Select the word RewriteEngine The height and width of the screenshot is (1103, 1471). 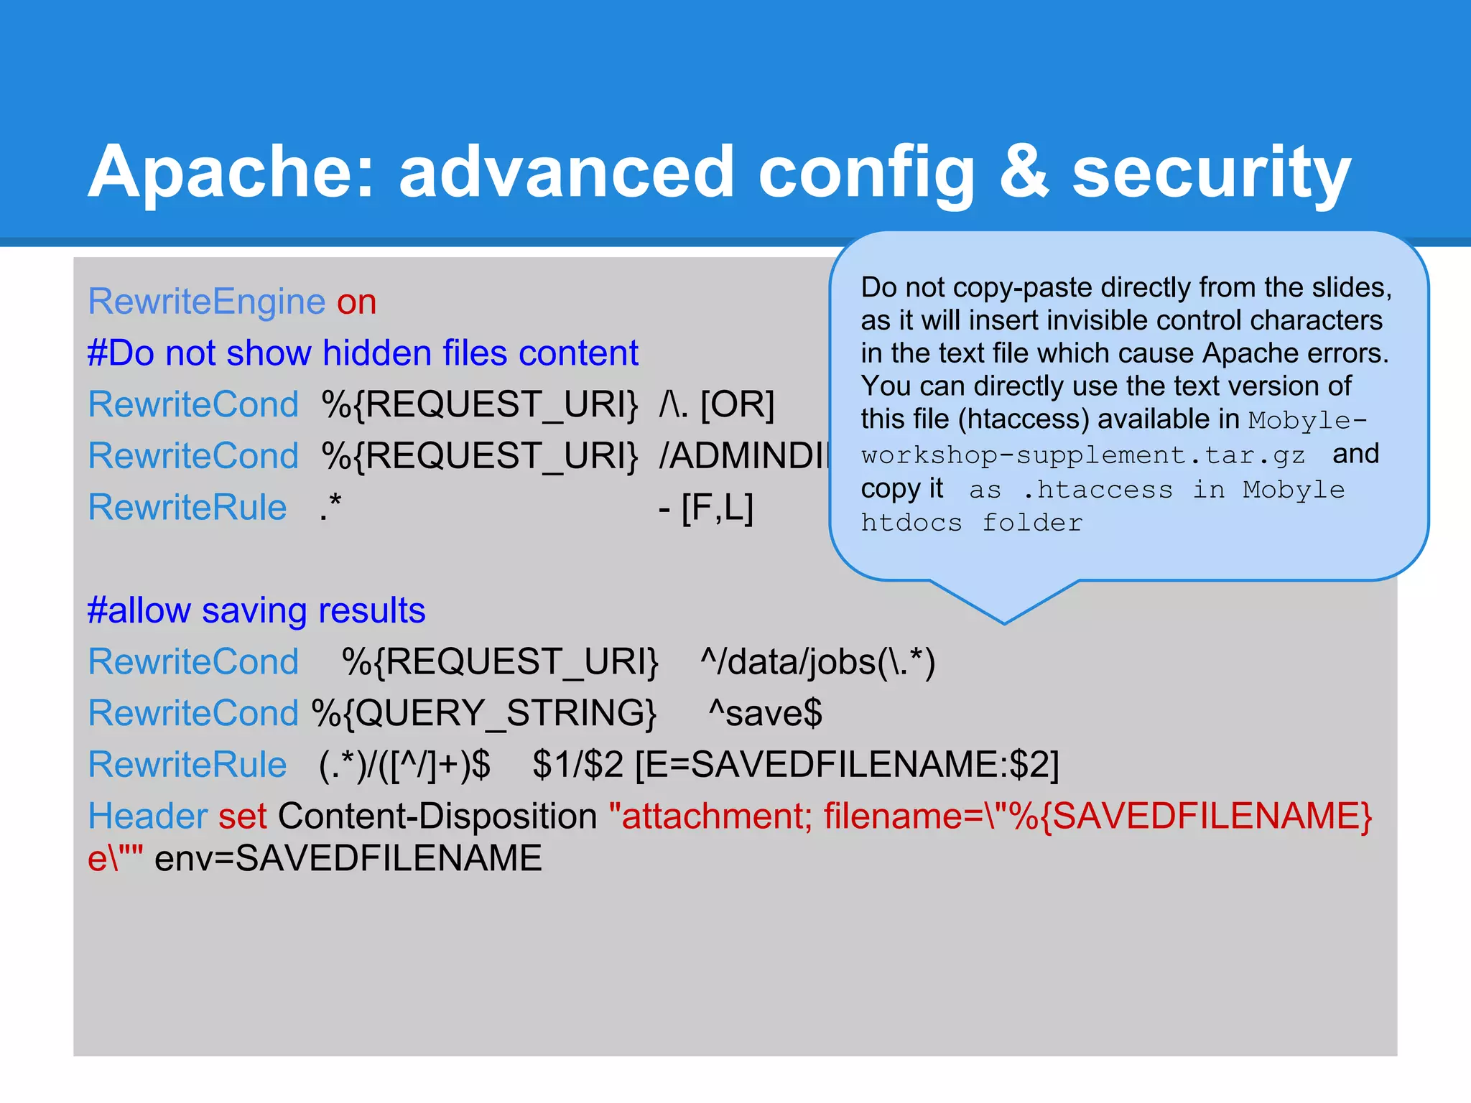[207, 302]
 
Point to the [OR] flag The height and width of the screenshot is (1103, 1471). [737, 404]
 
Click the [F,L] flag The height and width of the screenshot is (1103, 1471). [716, 508]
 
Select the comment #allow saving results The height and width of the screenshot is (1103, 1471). [256, 611]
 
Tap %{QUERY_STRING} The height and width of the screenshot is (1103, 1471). [483, 714]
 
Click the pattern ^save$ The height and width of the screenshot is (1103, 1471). [765, 714]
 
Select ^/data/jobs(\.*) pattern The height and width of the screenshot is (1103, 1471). [817, 662]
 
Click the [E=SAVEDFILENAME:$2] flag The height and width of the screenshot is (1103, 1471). [847, 765]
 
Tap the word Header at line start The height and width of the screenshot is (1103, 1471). [147, 816]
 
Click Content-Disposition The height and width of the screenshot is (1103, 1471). [437, 816]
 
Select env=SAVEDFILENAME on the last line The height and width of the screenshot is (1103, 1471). [348, 859]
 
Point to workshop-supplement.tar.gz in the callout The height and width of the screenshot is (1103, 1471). [1083, 455]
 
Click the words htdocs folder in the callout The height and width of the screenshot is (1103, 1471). [971, 523]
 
